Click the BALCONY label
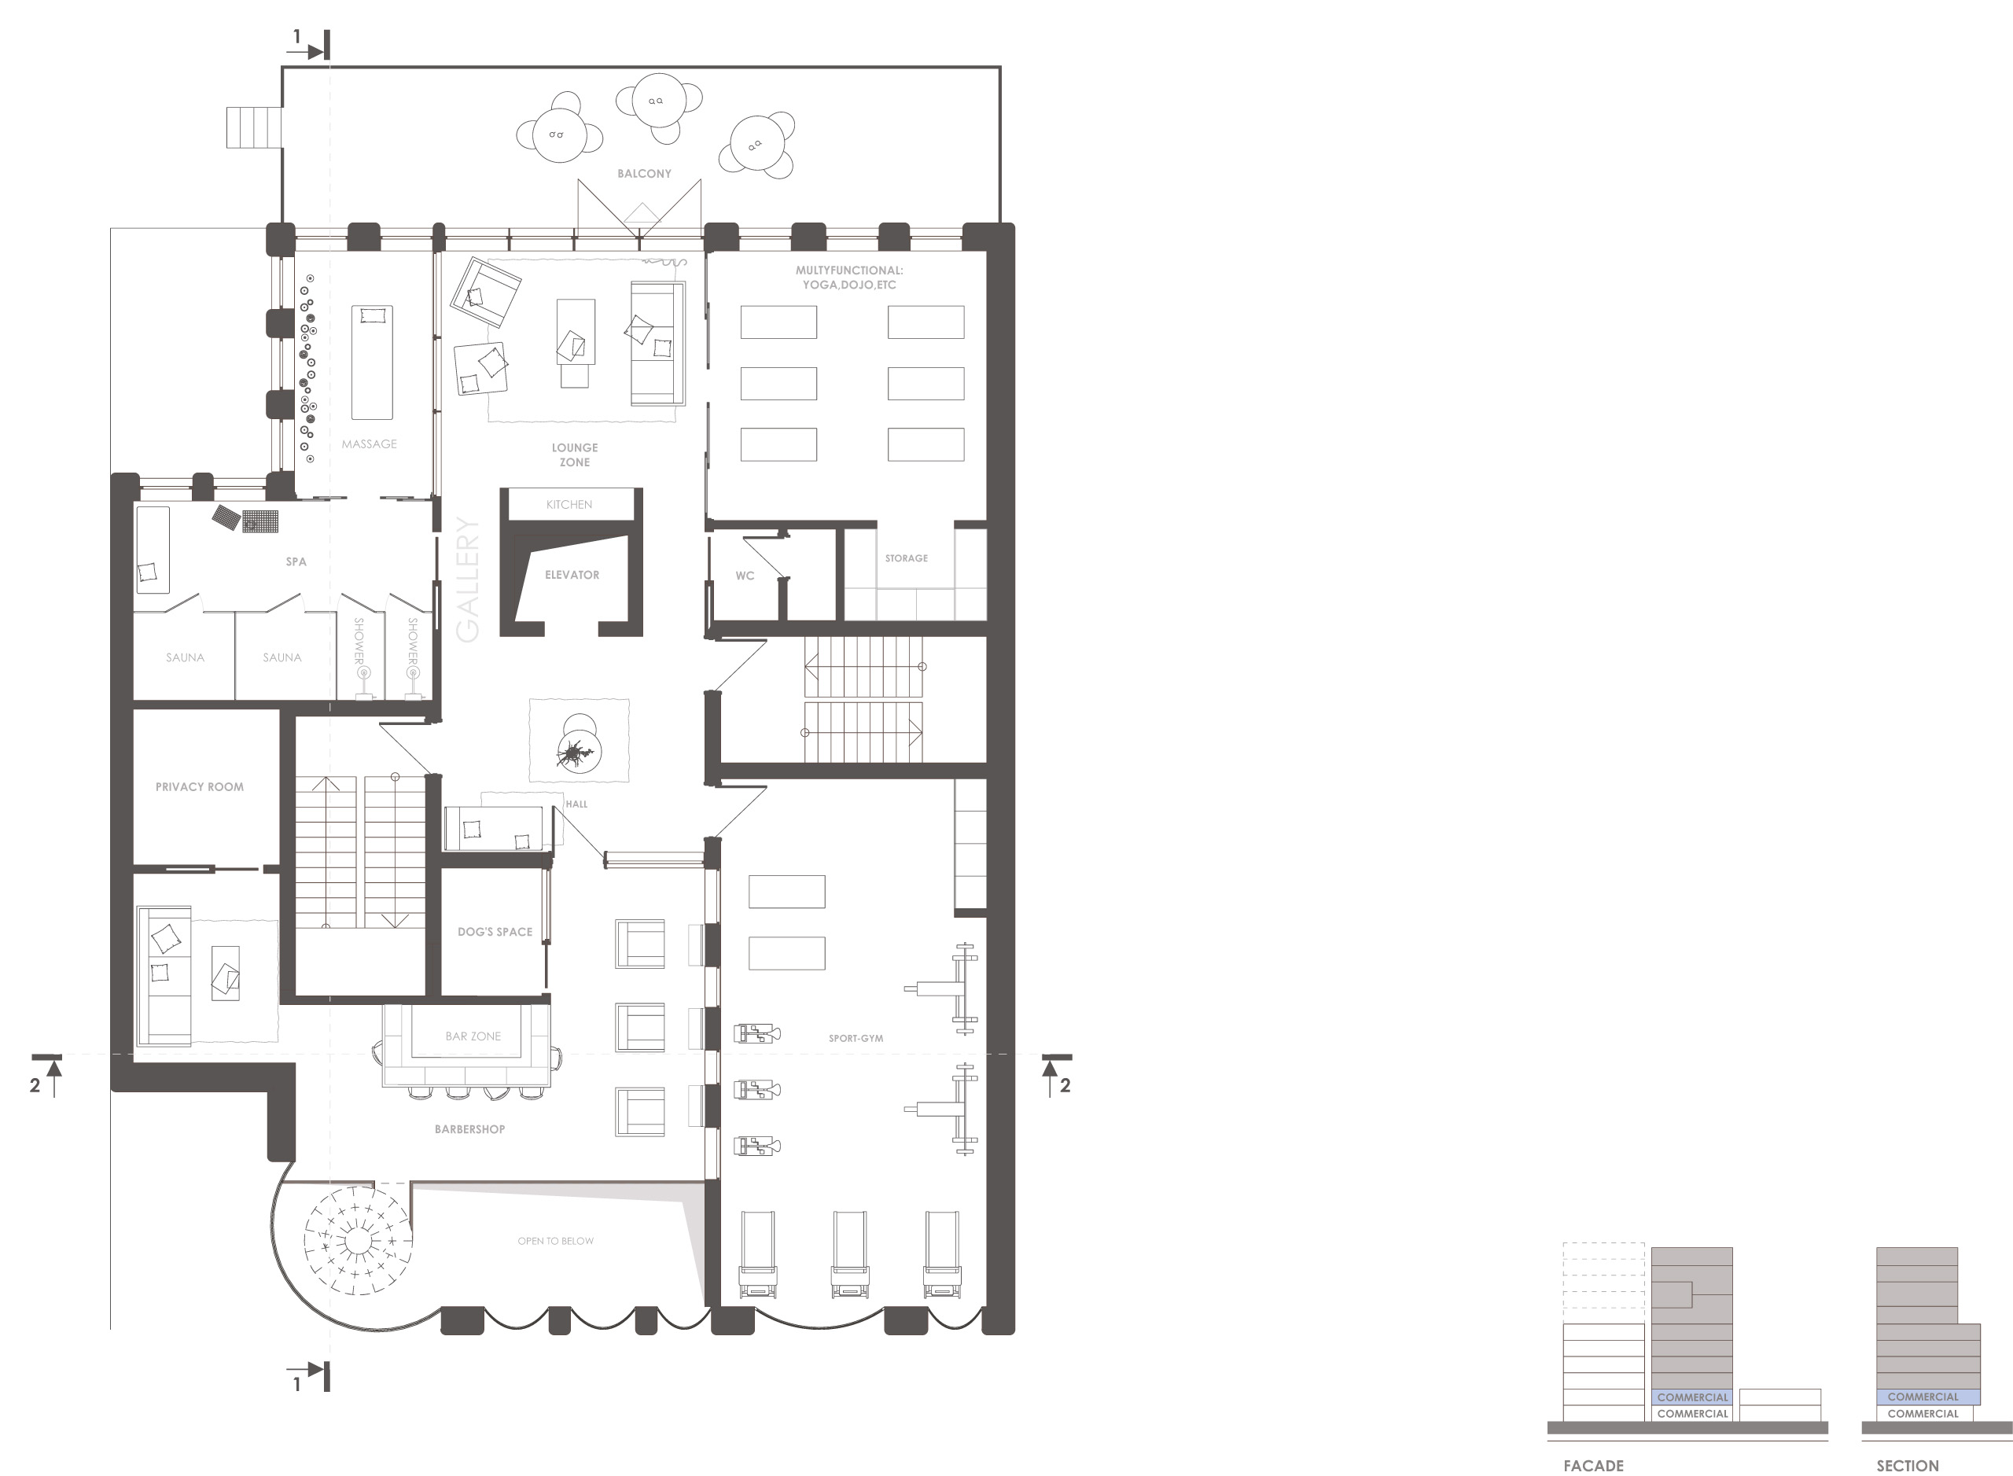point(643,173)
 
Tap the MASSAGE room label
point(369,444)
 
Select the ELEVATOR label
point(572,575)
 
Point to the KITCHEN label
point(569,505)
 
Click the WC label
point(745,576)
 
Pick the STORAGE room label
point(906,558)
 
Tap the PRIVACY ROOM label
point(199,787)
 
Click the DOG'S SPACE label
point(495,932)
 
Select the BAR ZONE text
point(473,1036)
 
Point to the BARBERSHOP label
point(470,1129)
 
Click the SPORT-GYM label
point(856,1038)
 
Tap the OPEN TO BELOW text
point(556,1241)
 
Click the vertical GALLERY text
point(468,579)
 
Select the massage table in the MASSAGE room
point(372,363)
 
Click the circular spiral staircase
point(359,1240)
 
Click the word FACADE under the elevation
point(1593,1465)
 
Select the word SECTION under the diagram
point(1907,1465)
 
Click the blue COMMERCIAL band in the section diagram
point(1928,1397)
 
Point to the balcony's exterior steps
point(254,127)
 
